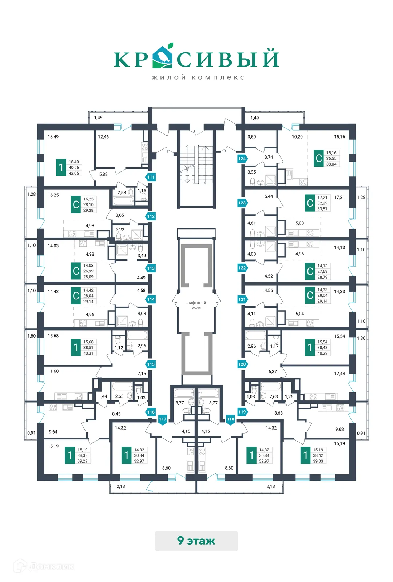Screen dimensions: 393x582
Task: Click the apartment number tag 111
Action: point(151,177)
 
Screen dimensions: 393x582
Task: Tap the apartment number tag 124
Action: point(242,159)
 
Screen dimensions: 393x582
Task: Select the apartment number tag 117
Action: point(163,419)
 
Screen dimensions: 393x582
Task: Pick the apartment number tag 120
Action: point(242,364)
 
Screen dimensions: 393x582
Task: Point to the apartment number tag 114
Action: point(151,299)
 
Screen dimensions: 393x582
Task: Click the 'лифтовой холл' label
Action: point(196,305)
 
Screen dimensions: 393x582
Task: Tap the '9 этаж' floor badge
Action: point(196,541)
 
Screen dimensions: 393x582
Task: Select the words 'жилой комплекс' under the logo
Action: point(198,77)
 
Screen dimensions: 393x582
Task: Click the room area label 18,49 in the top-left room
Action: point(53,137)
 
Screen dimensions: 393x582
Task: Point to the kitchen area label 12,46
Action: point(103,137)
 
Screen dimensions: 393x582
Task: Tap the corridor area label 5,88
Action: point(103,174)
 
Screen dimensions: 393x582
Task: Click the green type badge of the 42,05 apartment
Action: point(61,167)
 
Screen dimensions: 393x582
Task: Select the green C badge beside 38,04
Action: point(319,158)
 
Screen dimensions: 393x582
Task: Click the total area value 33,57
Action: point(322,209)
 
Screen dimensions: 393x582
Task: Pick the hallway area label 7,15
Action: point(142,373)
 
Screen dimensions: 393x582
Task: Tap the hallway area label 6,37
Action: point(273,371)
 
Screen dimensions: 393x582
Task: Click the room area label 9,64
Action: point(53,432)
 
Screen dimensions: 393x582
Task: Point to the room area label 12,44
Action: point(340,373)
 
